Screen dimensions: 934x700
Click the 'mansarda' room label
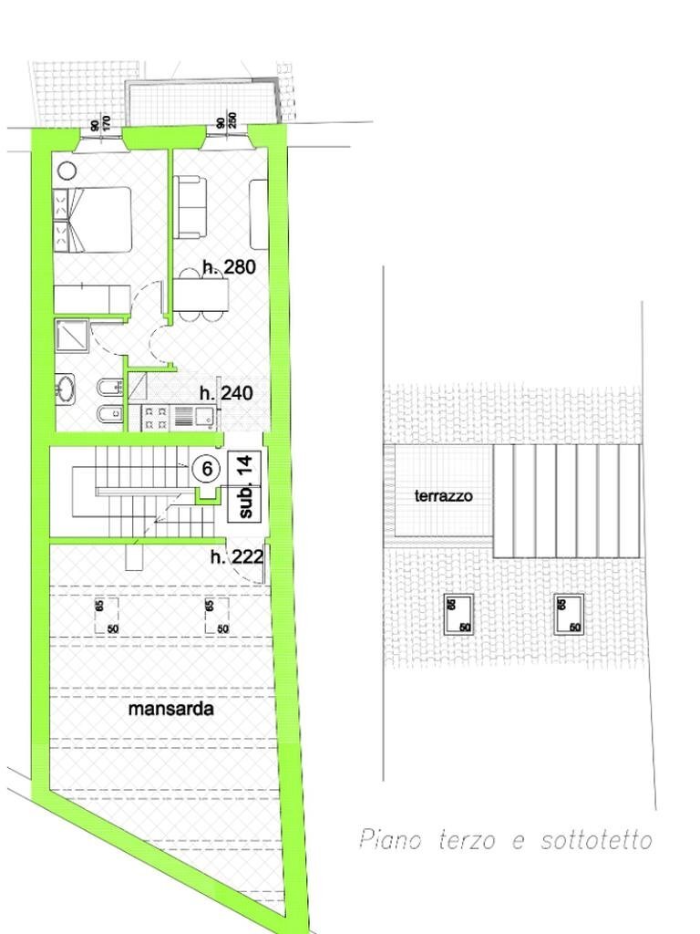[171, 709]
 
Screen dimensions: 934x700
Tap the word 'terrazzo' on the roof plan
[443, 496]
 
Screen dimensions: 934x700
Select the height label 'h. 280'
[229, 267]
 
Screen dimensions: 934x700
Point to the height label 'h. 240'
[226, 394]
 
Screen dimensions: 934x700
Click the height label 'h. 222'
[237, 556]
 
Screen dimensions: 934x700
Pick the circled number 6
[207, 469]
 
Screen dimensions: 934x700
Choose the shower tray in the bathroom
[72, 336]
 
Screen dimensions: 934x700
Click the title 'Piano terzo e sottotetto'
[506, 839]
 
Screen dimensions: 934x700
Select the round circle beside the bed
[67, 170]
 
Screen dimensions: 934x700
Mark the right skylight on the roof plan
[568, 614]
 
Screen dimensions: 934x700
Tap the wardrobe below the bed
[92, 297]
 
